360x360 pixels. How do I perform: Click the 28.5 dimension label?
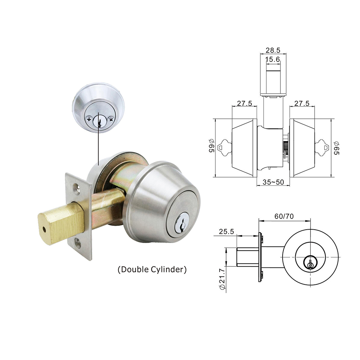[273, 50]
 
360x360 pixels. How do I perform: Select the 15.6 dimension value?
[273, 59]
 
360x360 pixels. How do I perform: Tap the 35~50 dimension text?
[273, 182]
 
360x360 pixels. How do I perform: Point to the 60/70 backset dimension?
[284, 216]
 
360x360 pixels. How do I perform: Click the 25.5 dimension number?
[226, 231]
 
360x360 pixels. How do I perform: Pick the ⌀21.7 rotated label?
[222, 279]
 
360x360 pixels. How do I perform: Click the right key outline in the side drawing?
[322, 148]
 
